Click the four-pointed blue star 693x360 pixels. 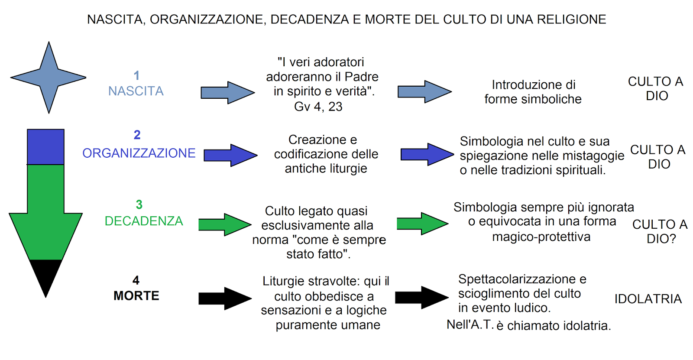click(x=49, y=78)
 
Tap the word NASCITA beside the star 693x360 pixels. click(x=136, y=91)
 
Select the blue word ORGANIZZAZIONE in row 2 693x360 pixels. click(x=139, y=153)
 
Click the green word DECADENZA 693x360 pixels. click(x=144, y=221)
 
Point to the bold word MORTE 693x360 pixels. click(x=136, y=295)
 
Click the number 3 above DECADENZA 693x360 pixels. click(x=139, y=204)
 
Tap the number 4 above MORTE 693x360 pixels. click(x=136, y=280)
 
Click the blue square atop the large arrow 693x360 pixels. click(x=45, y=147)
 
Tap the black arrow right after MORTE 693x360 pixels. click(x=224, y=298)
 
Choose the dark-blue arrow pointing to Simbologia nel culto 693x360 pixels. click(x=427, y=154)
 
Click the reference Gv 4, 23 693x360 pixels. click(x=318, y=107)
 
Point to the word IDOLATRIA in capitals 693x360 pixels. click(x=648, y=299)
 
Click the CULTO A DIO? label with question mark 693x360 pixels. click(x=660, y=231)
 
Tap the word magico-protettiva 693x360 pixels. click(x=541, y=237)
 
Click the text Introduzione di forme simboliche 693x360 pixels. click(x=533, y=92)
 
